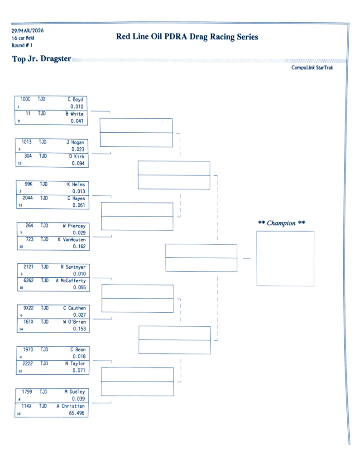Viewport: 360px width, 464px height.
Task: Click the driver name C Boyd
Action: pyautogui.click(x=75, y=99)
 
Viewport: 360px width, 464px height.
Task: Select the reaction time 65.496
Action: pyautogui.click(x=76, y=413)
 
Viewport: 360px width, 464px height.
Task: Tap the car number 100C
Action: pyautogui.click(x=25, y=99)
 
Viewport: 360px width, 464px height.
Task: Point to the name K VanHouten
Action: pyautogui.click(x=72, y=239)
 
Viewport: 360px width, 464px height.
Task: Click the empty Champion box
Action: pyautogui.click(x=285, y=258)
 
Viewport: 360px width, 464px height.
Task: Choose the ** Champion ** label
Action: pyautogui.click(x=281, y=223)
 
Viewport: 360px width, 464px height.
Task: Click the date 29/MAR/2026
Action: pyautogui.click(x=28, y=31)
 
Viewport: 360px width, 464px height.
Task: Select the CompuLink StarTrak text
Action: pyautogui.click(x=312, y=68)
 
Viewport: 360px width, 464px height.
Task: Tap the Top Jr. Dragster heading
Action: pyautogui.click(x=42, y=59)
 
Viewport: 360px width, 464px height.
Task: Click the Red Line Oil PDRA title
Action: pyautogui.click(x=187, y=37)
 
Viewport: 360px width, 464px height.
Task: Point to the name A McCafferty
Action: pyautogui.click(x=71, y=280)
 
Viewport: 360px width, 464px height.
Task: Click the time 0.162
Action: pyautogui.click(x=79, y=246)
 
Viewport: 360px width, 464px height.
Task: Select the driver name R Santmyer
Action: pyautogui.click(x=73, y=267)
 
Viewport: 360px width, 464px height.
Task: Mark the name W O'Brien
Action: pyautogui.click(x=74, y=322)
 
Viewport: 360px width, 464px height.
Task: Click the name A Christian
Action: pyautogui.click(x=71, y=406)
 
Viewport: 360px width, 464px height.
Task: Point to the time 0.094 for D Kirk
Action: pyautogui.click(x=78, y=164)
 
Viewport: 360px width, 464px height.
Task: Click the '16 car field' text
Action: pyautogui.click(x=23, y=38)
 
